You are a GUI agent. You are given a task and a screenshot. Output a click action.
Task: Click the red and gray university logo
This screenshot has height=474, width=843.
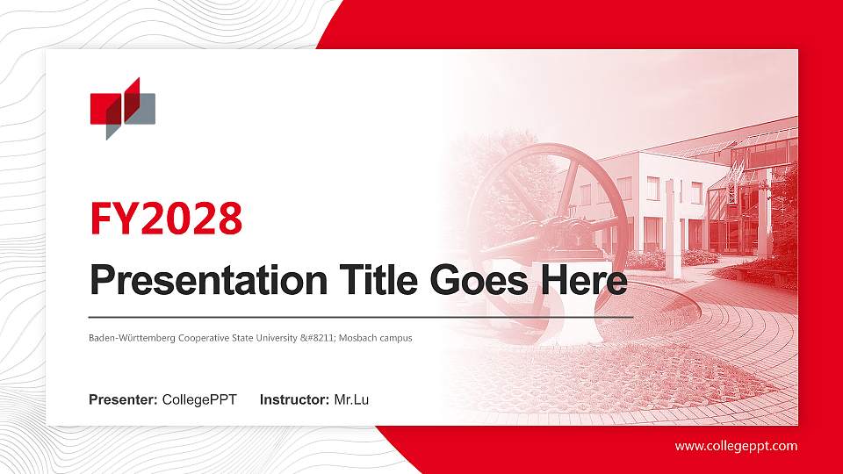[x=123, y=108]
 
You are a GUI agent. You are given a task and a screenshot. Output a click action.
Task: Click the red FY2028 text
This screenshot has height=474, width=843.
[x=166, y=219]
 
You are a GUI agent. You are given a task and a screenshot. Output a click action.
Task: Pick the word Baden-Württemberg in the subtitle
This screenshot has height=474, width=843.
[x=130, y=338]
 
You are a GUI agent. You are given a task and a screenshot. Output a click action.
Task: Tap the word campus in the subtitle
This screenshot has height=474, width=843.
[x=396, y=338]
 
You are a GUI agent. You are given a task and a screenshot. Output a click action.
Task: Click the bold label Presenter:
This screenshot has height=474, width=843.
[x=123, y=400]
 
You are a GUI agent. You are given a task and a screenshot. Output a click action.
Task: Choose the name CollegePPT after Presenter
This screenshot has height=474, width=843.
[x=199, y=400]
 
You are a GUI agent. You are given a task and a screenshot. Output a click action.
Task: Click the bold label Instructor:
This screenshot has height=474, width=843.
[x=295, y=400]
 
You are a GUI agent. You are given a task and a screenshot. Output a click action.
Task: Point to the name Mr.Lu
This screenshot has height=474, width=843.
[x=351, y=400]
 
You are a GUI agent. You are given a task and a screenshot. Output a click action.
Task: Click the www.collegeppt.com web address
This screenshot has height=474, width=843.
[x=736, y=446]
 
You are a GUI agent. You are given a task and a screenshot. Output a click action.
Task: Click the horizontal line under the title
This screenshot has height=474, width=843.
[x=361, y=316]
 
